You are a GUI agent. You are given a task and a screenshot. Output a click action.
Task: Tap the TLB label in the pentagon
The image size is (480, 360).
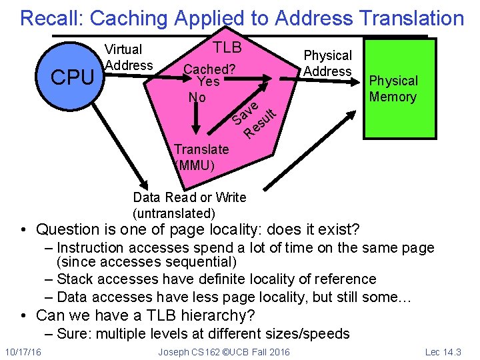click(227, 48)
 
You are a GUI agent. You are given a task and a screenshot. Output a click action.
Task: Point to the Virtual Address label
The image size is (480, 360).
click(129, 57)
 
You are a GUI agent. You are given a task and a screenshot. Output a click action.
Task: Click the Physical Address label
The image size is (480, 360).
click(327, 63)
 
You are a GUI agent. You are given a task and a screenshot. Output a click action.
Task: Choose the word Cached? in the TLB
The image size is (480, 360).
click(209, 69)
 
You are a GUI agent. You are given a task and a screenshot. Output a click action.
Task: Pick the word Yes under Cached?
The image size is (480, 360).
click(209, 81)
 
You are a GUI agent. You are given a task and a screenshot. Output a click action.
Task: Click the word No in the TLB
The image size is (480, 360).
click(197, 97)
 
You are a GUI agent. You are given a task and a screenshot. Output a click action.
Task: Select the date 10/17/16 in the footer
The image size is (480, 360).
click(23, 351)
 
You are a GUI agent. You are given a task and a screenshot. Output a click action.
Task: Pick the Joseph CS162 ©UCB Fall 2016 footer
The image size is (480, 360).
click(224, 351)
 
